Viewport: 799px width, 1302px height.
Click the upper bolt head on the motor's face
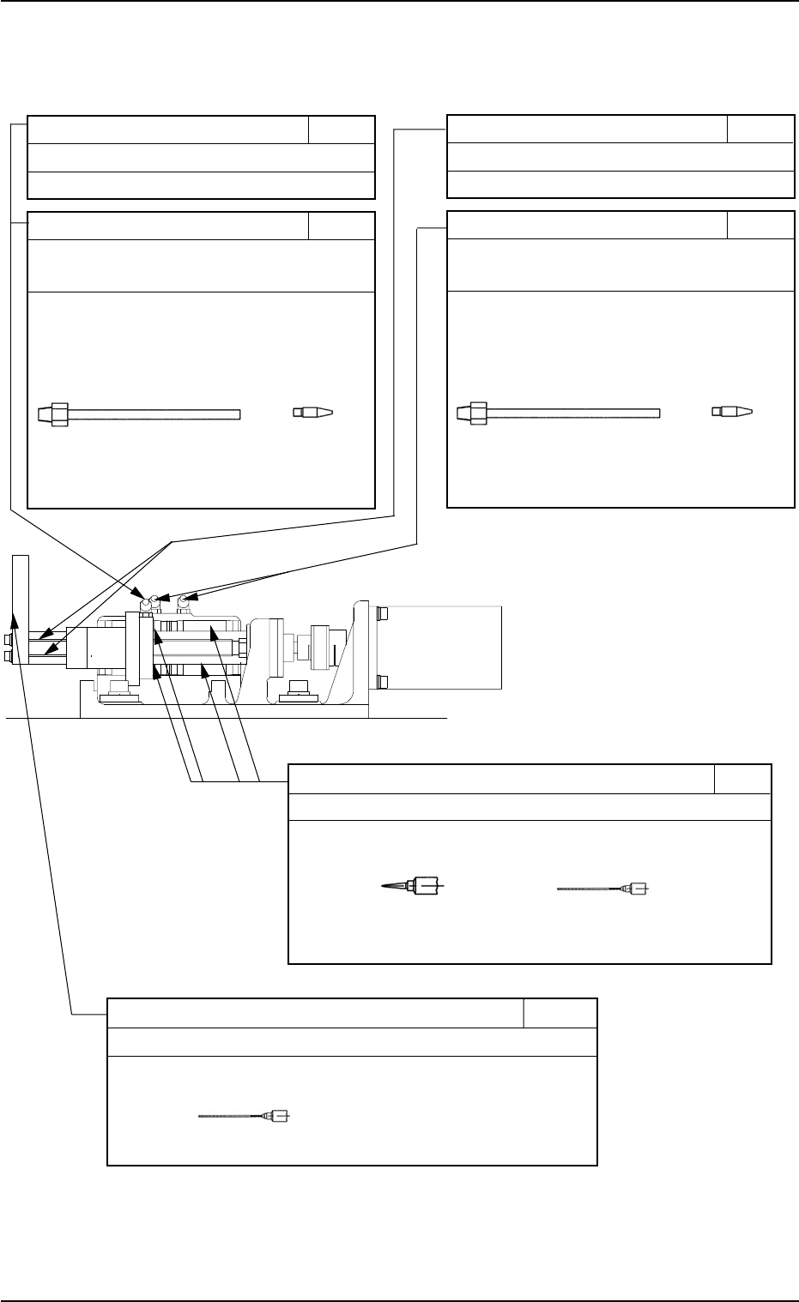(383, 614)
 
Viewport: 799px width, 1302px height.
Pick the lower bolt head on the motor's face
(383, 682)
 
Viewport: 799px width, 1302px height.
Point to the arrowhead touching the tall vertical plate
(16, 612)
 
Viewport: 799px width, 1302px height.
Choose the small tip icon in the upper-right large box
(733, 412)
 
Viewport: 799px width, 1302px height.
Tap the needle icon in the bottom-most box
(244, 1116)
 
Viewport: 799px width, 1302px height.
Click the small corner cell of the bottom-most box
(560, 1013)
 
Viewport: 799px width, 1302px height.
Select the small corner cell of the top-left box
(341, 130)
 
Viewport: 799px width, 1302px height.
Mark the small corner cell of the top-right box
(760, 130)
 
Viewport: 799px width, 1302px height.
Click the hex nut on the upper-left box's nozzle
(58, 414)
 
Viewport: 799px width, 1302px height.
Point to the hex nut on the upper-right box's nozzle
(476, 413)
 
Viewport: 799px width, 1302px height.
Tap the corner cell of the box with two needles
(742, 779)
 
